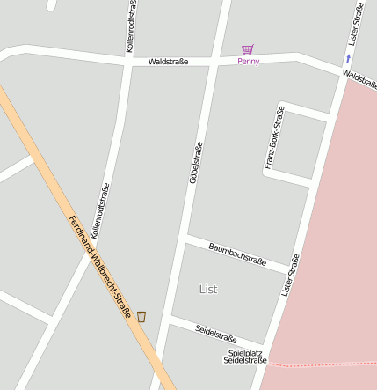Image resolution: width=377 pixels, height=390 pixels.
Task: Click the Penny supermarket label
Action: (x=249, y=62)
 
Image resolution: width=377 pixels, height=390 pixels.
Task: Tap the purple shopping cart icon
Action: (x=248, y=49)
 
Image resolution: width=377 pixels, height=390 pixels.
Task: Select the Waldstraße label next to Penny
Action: (x=168, y=62)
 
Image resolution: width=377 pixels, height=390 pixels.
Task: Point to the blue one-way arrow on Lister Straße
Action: (x=348, y=59)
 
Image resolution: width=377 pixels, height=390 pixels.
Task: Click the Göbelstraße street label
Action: (x=195, y=162)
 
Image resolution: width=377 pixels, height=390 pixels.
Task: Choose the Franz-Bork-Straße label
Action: (x=274, y=137)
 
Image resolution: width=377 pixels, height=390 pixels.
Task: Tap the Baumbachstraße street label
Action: (x=237, y=254)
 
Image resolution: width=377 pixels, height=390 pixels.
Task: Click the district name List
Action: (x=208, y=289)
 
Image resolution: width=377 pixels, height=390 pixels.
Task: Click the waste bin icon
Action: (x=141, y=316)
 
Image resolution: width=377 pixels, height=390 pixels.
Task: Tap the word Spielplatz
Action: (x=244, y=352)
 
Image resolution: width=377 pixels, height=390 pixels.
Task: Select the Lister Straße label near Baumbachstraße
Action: (x=290, y=275)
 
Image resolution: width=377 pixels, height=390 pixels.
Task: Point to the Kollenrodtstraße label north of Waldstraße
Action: (x=131, y=26)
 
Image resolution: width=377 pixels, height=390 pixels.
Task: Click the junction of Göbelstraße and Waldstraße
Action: (x=215, y=62)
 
